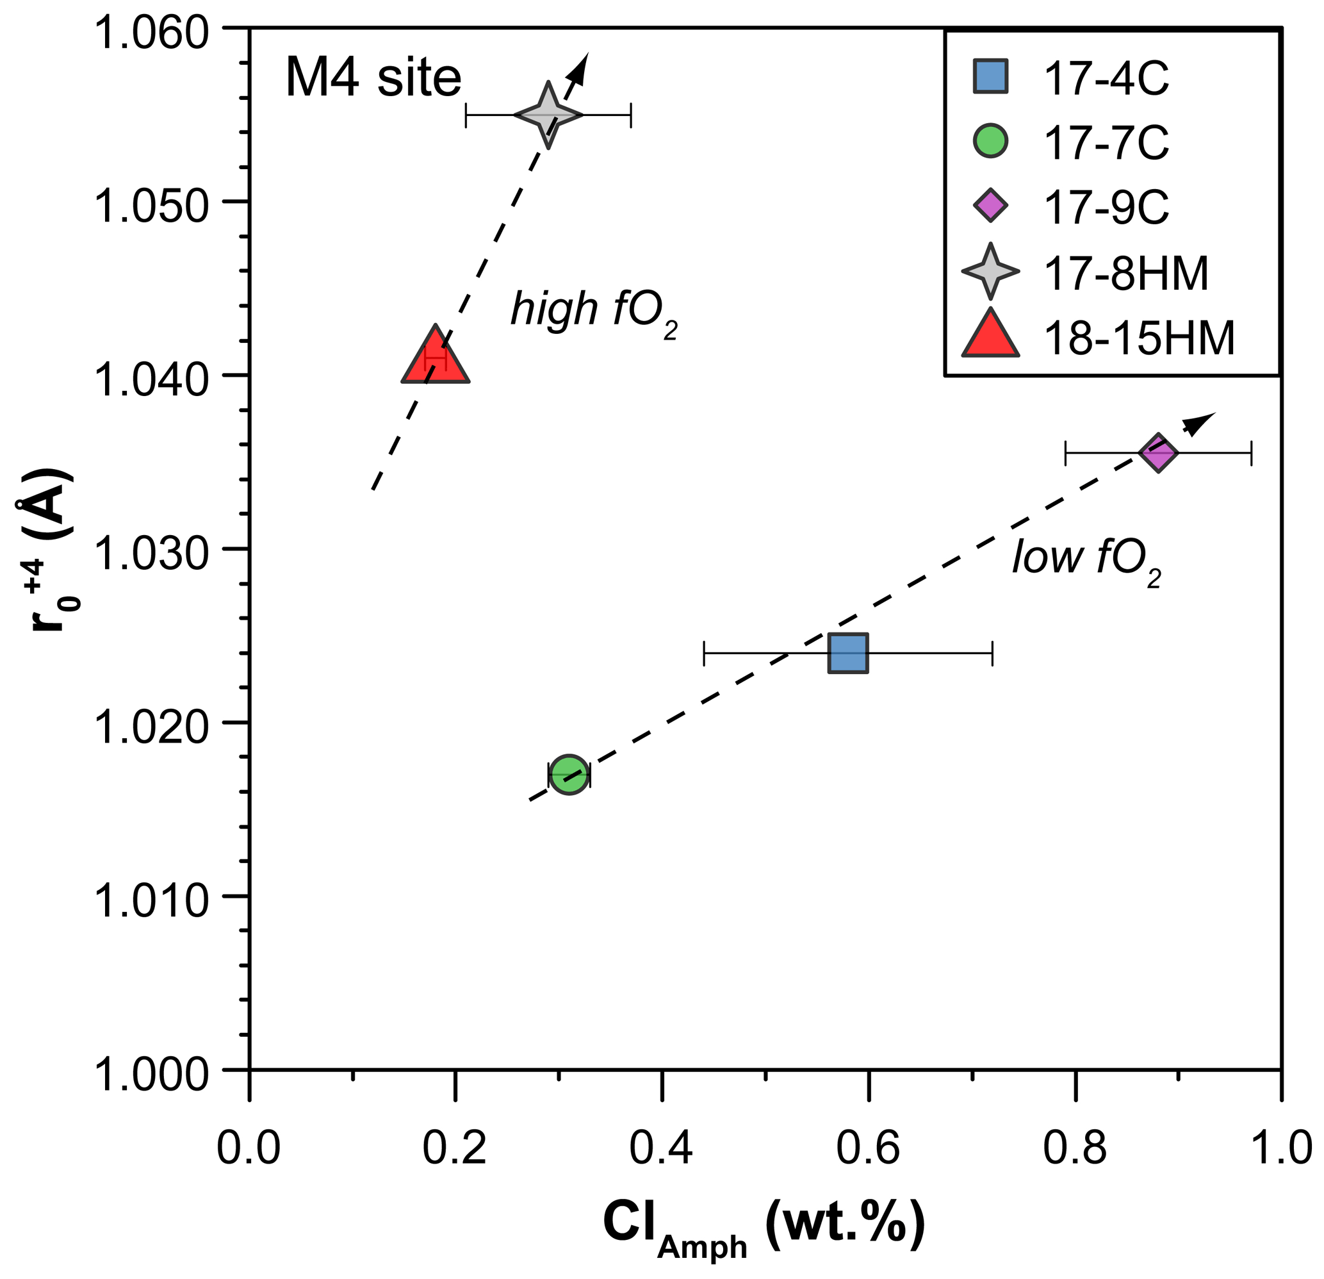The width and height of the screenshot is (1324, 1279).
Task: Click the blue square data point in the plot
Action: click(x=848, y=654)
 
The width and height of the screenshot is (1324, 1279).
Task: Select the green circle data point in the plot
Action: click(x=569, y=773)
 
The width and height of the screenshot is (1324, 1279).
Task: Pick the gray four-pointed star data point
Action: click(x=548, y=115)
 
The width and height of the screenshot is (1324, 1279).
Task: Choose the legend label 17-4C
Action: click(x=1106, y=79)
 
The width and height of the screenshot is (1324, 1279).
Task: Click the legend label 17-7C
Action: click(x=1106, y=142)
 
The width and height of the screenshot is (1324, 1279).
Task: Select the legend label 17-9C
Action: click(x=1106, y=207)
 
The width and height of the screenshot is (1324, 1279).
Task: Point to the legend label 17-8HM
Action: click(x=1126, y=273)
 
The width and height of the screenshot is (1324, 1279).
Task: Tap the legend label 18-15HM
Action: click(x=1139, y=337)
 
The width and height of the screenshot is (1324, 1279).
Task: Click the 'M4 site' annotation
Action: click(x=373, y=78)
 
